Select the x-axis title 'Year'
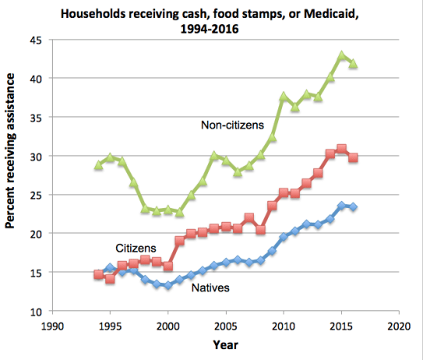[226, 344]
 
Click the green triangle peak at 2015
[341, 55]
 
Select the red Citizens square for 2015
[341, 148]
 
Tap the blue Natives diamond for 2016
[353, 206]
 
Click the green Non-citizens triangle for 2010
[284, 97]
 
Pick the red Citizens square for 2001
[179, 241]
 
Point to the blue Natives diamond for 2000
[167, 285]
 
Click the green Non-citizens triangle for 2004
[214, 156]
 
